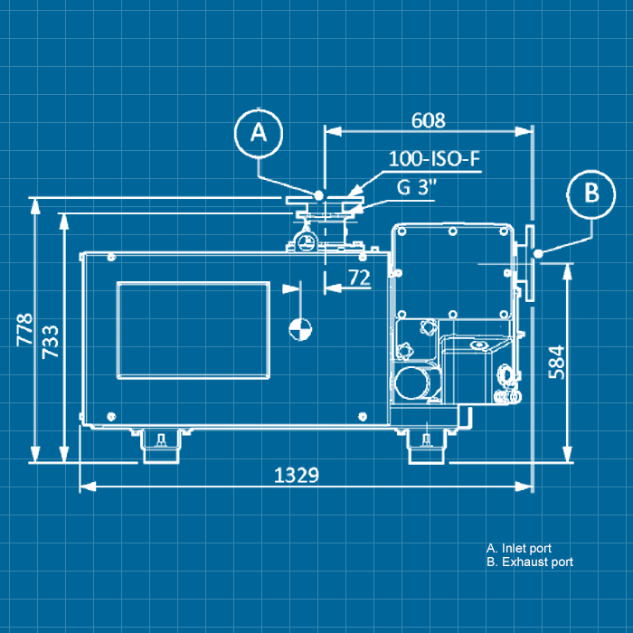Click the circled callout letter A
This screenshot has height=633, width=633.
coord(259,133)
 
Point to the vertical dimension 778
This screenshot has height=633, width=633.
coord(24,330)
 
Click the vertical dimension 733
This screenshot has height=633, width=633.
coord(52,342)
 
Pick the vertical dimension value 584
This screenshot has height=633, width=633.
coord(556,362)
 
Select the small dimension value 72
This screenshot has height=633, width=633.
coord(359,279)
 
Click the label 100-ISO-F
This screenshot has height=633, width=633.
coord(433,160)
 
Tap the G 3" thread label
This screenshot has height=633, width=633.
coord(416,188)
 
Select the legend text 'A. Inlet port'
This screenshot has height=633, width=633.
coord(518,548)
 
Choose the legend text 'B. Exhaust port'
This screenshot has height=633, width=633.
coord(529,562)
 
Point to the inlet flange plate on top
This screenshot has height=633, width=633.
coord(321,201)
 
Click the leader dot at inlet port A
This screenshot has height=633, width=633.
coord(319,194)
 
